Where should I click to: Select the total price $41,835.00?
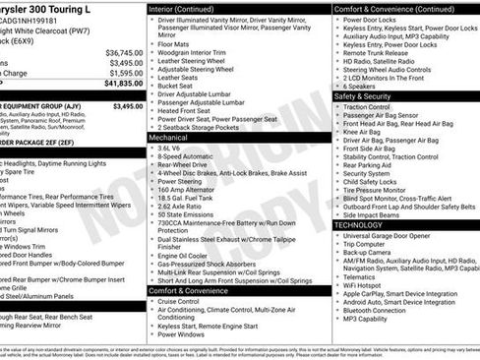(x=124, y=84)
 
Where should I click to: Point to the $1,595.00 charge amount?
(x=125, y=73)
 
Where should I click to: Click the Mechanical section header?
(x=168, y=138)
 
